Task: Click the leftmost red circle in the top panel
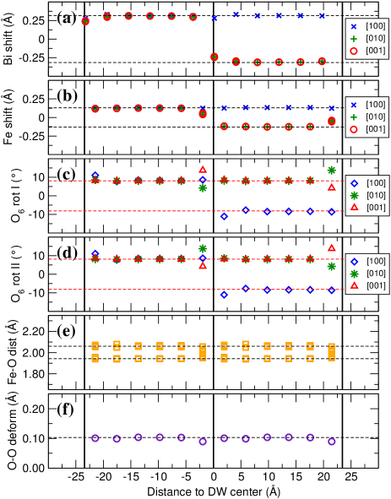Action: pos(85,21)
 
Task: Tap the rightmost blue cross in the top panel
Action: pos(322,15)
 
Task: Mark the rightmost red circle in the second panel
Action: pos(331,122)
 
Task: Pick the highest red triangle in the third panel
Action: pos(203,169)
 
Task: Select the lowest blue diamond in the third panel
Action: pos(224,216)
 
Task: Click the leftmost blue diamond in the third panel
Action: pos(95,175)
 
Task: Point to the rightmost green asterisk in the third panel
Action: pos(331,170)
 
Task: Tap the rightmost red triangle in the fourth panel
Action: pos(331,247)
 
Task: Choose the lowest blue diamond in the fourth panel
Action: pos(224,295)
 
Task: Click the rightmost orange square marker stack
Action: pos(331,351)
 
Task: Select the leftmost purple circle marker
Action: pos(95,437)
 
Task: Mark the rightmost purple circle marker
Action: pos(331,442)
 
